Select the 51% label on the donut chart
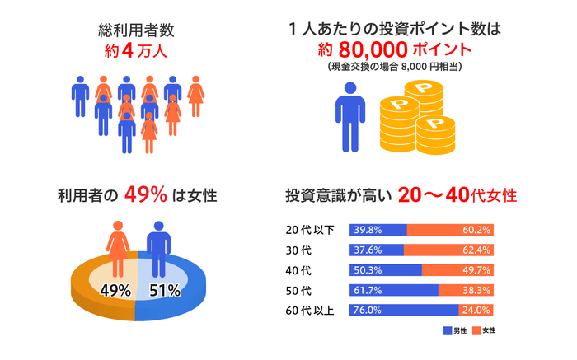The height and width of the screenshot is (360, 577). click(x=166, y=289)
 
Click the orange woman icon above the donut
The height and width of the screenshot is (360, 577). click(x=118, y=245)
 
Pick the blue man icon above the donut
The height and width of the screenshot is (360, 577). click(x=157, y=245)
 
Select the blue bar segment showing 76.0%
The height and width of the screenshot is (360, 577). click(x=404, y=311)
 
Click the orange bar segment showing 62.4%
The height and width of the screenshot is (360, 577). click(x=448, y=250)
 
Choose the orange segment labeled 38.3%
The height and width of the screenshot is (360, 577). click(x=466, y=290)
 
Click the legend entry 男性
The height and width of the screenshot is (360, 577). click(x=455, y=330)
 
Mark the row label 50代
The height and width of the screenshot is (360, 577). click(x=302, y=290)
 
